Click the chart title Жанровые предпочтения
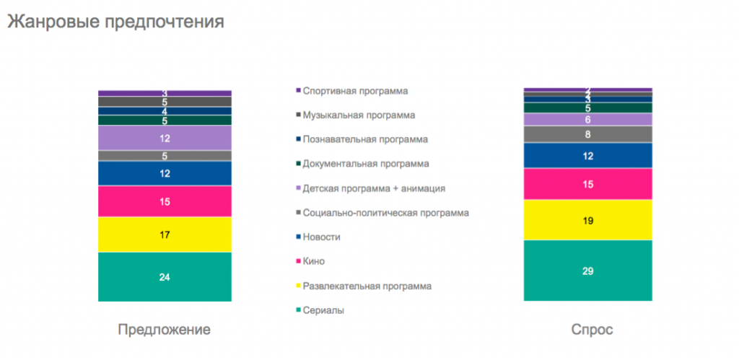point(115,22)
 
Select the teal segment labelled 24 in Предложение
point(165,277)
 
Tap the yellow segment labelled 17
point(165,234)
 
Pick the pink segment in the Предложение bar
point(165,201)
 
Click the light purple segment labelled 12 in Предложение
point(165,139)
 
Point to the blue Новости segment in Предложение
point(165,173)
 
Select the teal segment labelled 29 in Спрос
point(587,271)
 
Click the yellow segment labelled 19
point(587,220)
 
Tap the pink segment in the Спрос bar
point(587,184)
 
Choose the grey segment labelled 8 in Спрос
point(587,134)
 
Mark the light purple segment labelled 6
point(587,120)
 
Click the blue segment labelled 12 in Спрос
point(587,156)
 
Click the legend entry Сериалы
point(323,310)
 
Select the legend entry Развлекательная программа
point(367,286)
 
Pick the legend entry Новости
point(321,237)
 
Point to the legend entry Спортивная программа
point(355,91)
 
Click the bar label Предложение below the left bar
point(165,330)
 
